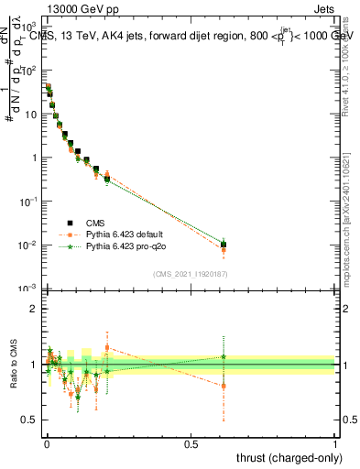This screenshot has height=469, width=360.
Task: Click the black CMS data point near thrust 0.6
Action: pyautogui.click(x=224, y=245)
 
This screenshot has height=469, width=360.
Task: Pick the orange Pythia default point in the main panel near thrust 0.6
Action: pyautogui.click(x=224, y=250)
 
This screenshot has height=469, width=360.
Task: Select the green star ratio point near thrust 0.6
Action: pyautogui.click(x=224, y=356)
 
